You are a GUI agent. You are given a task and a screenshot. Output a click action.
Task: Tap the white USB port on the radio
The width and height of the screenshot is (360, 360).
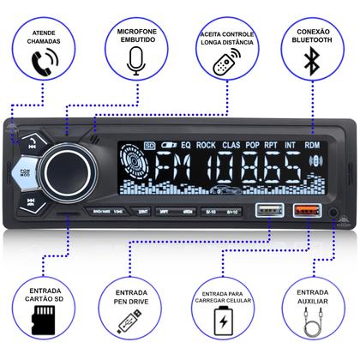pyautogui.click(x=262, y=209)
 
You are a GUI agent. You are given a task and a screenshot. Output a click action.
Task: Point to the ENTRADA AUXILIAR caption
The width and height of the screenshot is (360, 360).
pyautogui.click(x=313, y=297)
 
